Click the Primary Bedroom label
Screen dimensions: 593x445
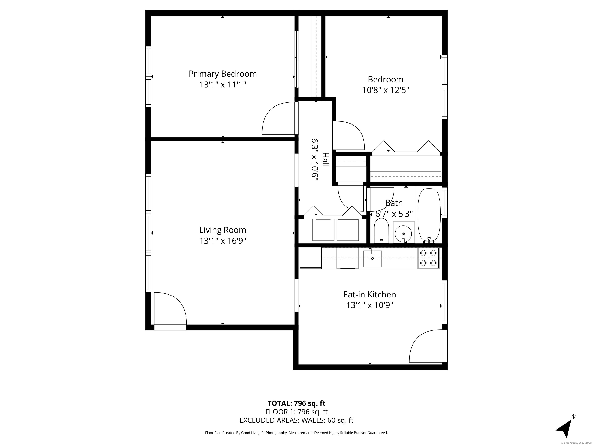point(223,74)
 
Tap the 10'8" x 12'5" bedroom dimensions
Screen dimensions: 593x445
point(385,90)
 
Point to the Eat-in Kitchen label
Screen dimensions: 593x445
point(369,295)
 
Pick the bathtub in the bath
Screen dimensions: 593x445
point(429,215)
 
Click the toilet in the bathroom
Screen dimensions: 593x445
point(381,231)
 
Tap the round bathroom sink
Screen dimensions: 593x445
point(403,234)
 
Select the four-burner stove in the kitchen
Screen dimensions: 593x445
point(428,258)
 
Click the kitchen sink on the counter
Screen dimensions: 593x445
point(373,258)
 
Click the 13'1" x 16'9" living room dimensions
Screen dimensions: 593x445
point(223,241)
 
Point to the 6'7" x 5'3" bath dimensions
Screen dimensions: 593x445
point(394,214)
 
